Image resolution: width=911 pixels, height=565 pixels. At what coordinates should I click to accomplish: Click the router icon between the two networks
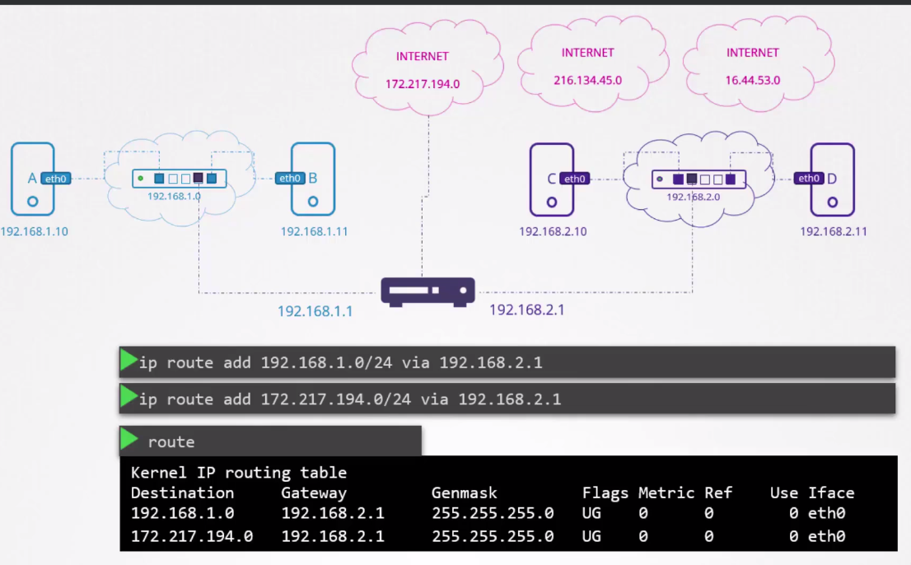(x=427, y=292)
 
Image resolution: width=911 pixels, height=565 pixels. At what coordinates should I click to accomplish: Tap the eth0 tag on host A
(x=56, y=178)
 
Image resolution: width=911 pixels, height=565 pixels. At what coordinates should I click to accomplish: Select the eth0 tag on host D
(x=809, y=178)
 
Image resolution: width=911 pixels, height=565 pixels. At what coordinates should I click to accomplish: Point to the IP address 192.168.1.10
(x=35, y=232)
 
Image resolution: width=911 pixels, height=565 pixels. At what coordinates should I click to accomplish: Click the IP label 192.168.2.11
(x=833, y=232)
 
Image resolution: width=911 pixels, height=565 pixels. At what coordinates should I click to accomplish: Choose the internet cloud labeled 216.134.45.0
(x=587, y=64)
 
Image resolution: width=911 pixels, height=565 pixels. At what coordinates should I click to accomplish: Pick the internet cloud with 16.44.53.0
(x=752, y=64)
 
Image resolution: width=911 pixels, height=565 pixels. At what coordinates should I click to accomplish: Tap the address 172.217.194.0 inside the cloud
(x=423, y=84)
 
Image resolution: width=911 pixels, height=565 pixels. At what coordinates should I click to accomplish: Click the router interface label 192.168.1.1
(x=315, y=311)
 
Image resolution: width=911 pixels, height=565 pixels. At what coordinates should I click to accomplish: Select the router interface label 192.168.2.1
(x=527, y=311)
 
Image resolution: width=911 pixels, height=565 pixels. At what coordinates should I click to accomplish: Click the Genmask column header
(x=465, y=493)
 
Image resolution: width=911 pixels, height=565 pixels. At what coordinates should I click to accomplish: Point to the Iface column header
(x=831, y=493)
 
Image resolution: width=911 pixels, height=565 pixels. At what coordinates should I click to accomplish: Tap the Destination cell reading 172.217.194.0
(x=192, y=536)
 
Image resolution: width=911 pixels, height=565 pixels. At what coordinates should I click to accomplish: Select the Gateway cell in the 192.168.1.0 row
(x=333, y=514)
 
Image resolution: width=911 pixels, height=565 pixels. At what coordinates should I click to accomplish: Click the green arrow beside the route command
(x=129, y=439)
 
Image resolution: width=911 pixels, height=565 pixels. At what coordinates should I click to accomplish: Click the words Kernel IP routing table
(x=239, y=473)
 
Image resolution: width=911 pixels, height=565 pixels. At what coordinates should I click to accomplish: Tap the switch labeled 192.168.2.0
(x=698, y=179)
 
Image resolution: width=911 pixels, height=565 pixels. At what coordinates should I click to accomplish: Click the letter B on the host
(x=313, y=178)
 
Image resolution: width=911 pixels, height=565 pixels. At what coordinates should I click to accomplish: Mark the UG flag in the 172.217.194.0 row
(x=591, y=536)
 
